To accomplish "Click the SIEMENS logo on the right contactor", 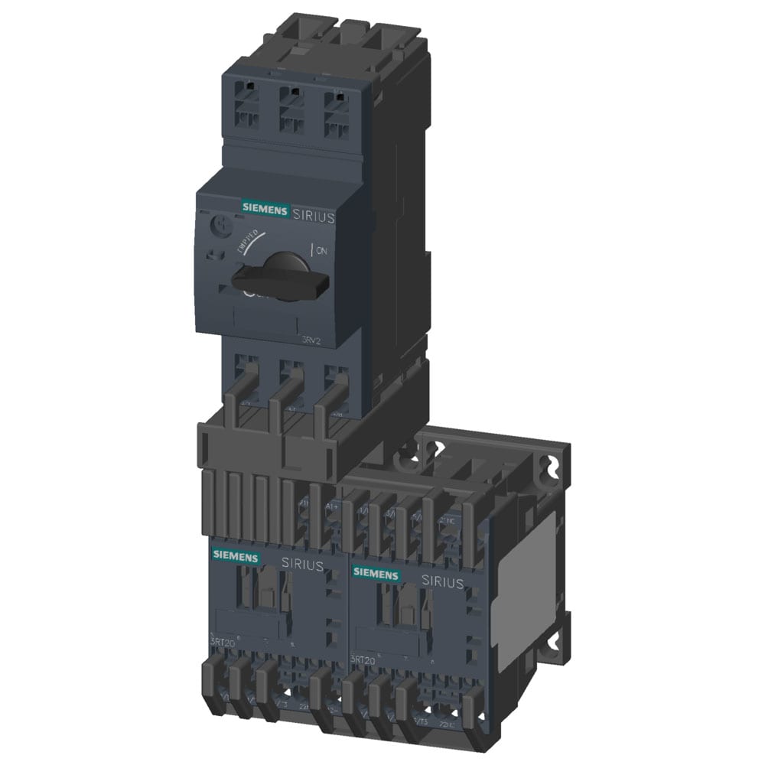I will click(376, 574).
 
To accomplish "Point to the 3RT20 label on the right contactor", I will click(363, 659).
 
